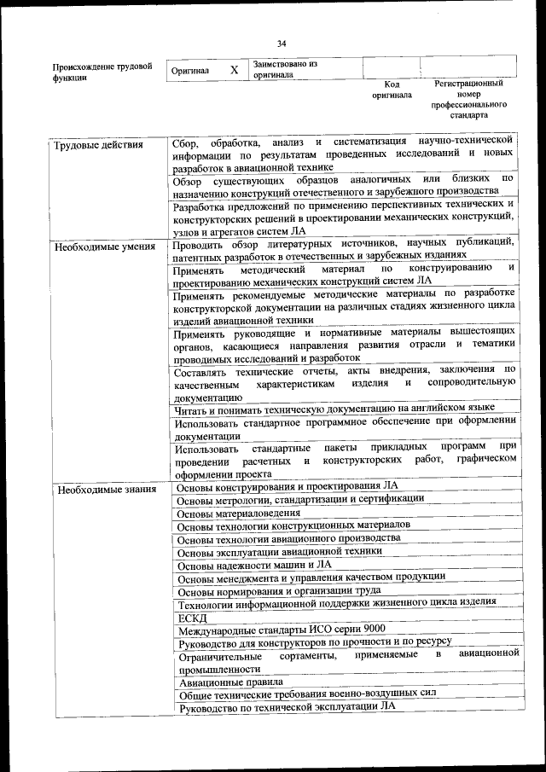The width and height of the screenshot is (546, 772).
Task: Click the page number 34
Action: (x=282, y=44)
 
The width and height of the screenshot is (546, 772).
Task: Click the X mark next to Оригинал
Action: (x=234, y=70)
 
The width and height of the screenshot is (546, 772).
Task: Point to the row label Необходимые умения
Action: (x=104, y=247)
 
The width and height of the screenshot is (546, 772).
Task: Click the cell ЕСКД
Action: (x=192, y=617)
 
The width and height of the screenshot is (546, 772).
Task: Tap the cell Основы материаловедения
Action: (x=238, y=513)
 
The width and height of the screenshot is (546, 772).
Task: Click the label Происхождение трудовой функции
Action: (x=102, y=71)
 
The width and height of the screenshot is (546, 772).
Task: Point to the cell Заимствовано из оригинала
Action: (x=285, y=69)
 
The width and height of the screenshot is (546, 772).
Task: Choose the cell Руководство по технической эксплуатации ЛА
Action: (x=287, y=705)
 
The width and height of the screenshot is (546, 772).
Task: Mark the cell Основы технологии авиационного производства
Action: (x=288, y=538)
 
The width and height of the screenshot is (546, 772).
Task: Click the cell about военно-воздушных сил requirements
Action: (x=307, y=693)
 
